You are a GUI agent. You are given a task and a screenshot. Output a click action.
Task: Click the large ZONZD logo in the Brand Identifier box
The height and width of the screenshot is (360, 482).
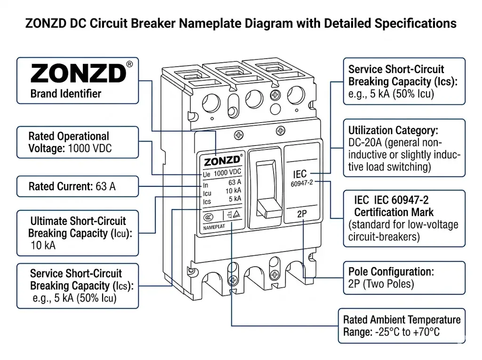click(x=78, y=73)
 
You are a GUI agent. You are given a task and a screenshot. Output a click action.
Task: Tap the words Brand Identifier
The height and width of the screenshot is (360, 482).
click(x=65, y=94)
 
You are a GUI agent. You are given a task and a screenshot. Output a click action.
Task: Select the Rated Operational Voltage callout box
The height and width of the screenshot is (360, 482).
click(x=78, y=142)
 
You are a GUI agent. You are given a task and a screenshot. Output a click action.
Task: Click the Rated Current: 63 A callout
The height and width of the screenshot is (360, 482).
click(x=78, y=186)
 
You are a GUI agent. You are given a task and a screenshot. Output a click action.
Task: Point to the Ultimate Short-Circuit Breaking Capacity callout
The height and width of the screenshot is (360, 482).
click(x=78, y=233)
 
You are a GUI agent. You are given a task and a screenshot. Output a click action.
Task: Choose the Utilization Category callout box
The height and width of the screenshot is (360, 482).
click(x=404, y=148)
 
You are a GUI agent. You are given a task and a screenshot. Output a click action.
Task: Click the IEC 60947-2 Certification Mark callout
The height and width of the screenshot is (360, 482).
click(x=404, y=218)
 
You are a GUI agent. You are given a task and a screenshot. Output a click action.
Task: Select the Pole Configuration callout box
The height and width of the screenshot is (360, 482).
click(x=404, y=278)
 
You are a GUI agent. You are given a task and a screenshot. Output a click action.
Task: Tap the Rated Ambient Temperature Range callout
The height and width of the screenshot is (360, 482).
click(x=402, y=326)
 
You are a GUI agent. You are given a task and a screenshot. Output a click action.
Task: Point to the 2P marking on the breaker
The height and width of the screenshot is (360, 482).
click(x=302, y=214)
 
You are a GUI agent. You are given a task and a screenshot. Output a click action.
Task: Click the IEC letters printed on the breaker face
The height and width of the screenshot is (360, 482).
click(x=299, y=174)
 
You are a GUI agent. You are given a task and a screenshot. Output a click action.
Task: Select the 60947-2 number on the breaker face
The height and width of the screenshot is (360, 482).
click(x=302, y=184)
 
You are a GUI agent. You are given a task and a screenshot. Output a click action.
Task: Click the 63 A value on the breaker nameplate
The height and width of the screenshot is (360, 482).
click(x=234, y=183)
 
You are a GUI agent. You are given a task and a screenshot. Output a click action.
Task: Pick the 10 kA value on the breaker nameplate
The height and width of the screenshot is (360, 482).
click(x=233, y=191)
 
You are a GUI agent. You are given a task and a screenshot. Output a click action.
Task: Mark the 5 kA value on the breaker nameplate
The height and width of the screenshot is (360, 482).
click(x=234, y=199)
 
